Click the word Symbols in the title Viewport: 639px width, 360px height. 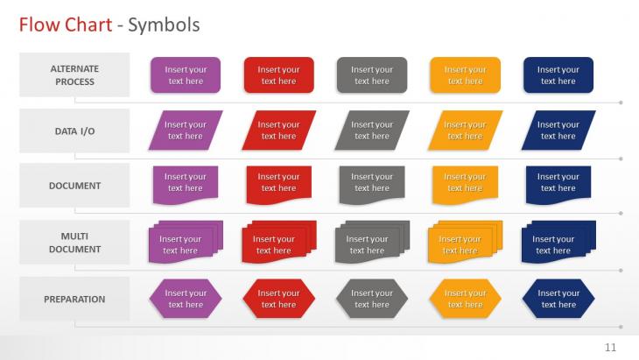click(164, 25)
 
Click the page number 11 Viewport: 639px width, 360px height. click(610, 348)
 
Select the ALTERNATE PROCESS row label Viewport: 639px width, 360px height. click(74, 75)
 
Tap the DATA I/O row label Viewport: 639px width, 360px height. click(74, 131)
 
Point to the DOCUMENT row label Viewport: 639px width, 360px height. click(74, 186)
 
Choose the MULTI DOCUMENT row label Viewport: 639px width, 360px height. click(74, 243)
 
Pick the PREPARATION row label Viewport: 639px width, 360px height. click(74, 300)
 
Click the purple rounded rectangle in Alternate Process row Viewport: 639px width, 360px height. click(186, 75)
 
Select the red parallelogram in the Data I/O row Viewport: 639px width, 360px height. click(279, 131)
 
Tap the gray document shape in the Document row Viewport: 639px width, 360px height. click(372, 184)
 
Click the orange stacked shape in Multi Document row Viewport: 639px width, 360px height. click(465, 242)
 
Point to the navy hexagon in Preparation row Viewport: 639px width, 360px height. click(558, 299)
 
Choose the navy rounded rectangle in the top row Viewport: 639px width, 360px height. click(558, 75)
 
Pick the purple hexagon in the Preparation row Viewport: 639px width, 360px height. click(186, 299)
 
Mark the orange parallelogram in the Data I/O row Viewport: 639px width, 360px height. click(466, 131)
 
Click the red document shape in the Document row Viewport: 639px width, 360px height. click(279, 184)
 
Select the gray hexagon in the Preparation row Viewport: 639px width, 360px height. click(372, 299)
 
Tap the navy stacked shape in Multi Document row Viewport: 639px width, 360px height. click(558, 242)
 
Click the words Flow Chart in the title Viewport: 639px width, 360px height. click(66, 25)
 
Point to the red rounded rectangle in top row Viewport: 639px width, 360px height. click(279, 75)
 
